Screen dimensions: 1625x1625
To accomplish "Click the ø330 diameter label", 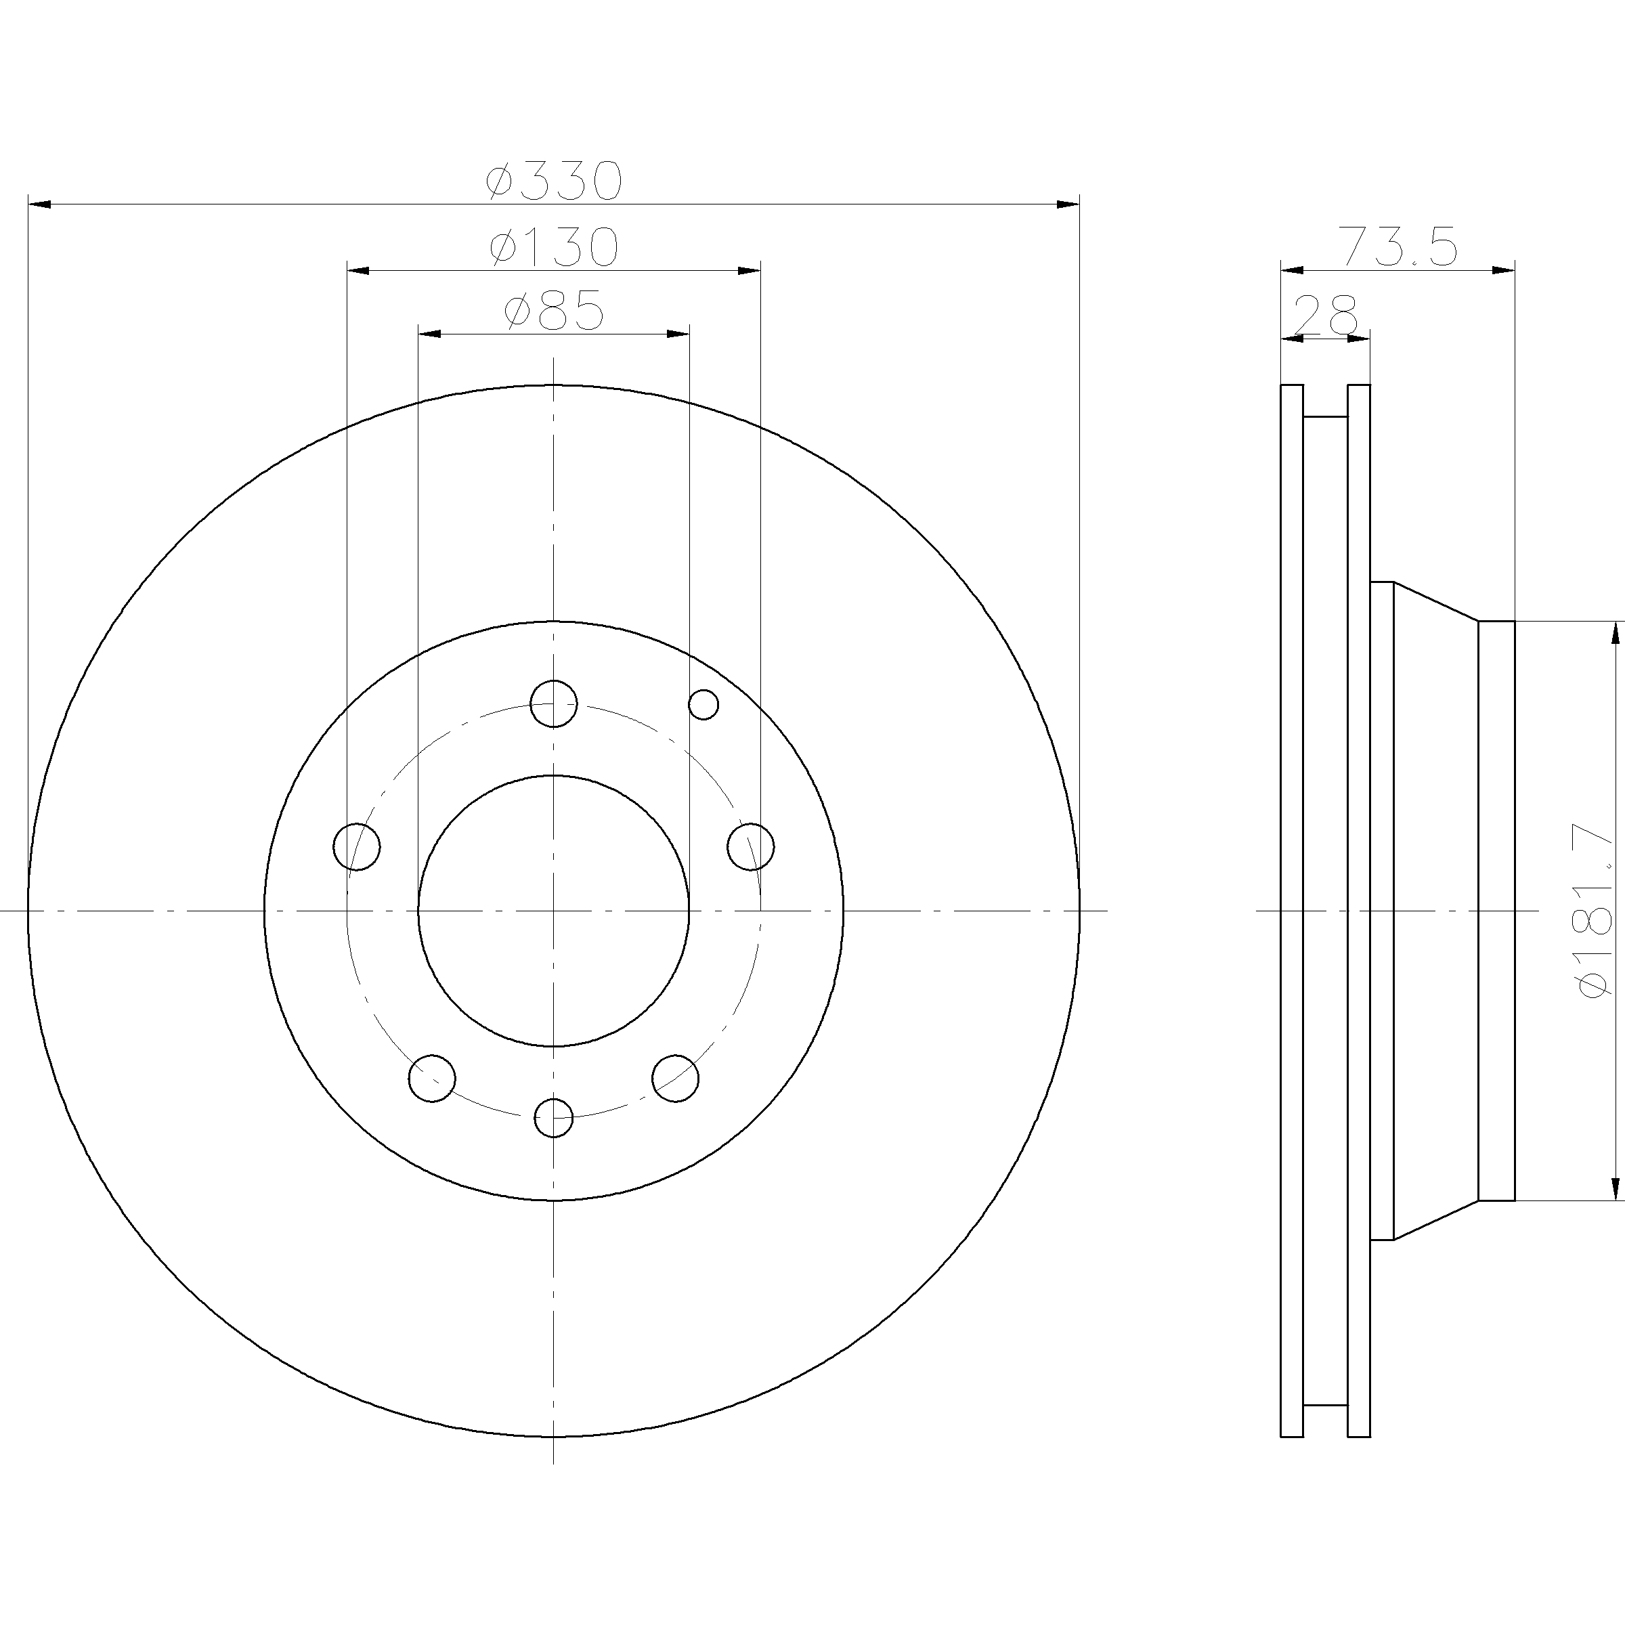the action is click(555, 180).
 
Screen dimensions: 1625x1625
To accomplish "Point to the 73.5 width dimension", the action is click(1397, 246).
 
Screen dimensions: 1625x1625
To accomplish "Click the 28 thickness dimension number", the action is click(1325, 315).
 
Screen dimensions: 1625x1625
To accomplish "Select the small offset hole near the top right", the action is click(703, 704).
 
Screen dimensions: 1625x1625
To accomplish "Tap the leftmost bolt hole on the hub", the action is click(357, 847).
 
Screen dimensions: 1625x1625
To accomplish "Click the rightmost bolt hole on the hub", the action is click(751, 847).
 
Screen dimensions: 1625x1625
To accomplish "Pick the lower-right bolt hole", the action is click(676, 1079).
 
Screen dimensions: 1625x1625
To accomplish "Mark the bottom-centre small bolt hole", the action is click(553, 1118).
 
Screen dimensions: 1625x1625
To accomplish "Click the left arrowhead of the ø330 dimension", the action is click(39, 204).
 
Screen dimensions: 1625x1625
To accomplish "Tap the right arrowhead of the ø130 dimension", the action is click(750, 271).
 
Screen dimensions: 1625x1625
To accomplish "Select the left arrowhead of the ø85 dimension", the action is click(430, 334).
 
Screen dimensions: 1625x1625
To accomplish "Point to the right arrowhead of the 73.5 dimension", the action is click(1503, 270).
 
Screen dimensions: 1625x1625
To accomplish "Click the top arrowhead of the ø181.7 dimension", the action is click(1615, 633).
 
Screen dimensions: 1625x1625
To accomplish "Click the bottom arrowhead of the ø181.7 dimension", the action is click(1615, 1188).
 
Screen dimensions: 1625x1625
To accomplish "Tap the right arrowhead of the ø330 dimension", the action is click(1068, 204).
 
